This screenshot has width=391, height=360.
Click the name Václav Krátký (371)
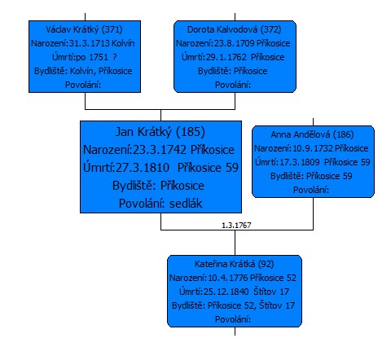tap(84, 29)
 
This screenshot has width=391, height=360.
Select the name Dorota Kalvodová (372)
tap(235, 29)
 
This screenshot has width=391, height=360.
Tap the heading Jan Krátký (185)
tap(160, 132)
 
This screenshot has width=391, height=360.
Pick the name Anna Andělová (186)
tap(312, 134)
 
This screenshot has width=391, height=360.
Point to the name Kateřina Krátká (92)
tap(235, 264)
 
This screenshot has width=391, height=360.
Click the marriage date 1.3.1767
tap(236, 226)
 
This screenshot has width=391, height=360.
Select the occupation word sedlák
tap(186, 204)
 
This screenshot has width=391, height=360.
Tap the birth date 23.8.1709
tap(235, 43)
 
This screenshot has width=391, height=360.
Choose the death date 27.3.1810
tap(143, 168)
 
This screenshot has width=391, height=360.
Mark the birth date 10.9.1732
tap(313, 148)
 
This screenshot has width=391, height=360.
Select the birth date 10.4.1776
tap(228, 278)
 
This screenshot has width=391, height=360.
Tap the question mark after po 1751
tap(115, 57)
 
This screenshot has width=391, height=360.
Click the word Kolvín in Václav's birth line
tap(123, 43)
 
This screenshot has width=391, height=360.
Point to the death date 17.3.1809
tap(300, 162)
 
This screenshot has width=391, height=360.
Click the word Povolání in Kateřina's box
tap(233, 319)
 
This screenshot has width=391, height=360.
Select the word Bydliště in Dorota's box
tap(214, 71)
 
